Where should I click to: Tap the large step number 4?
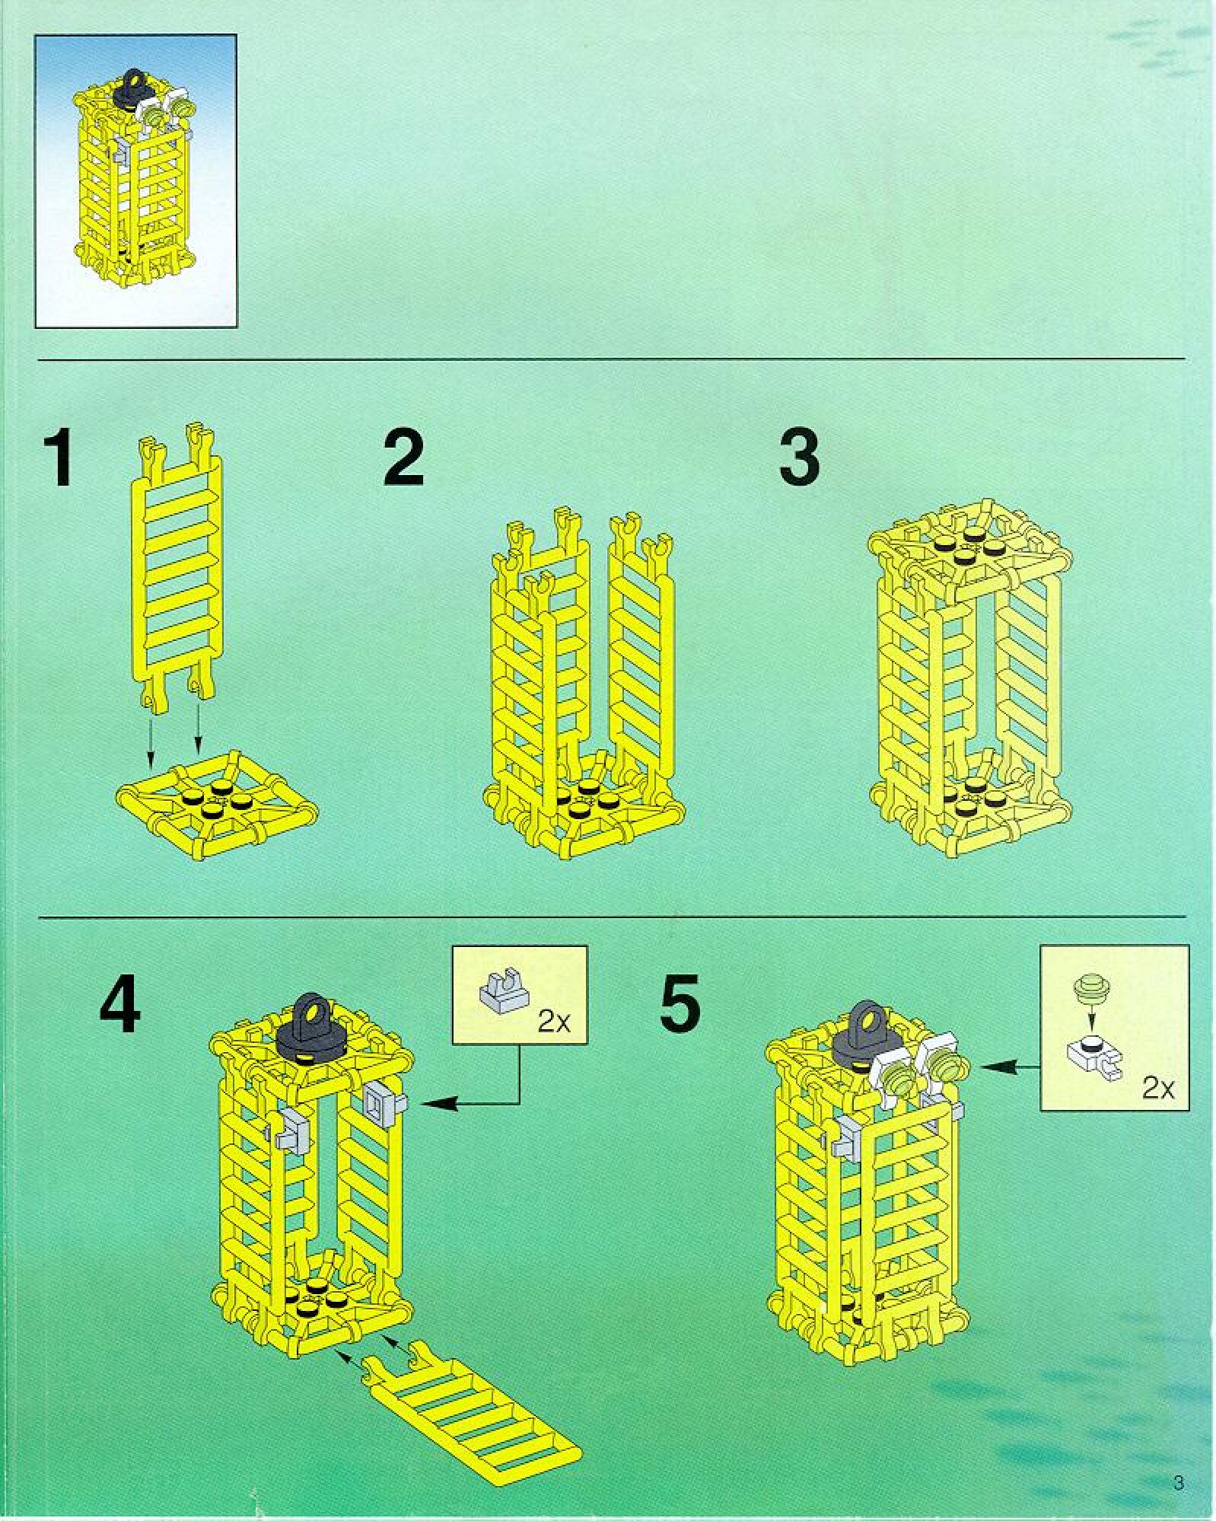coord(120,1005)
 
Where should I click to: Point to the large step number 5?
coord(680,1005)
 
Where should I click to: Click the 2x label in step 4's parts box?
coord(553,1022)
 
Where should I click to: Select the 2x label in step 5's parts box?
coord(1157,1089)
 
